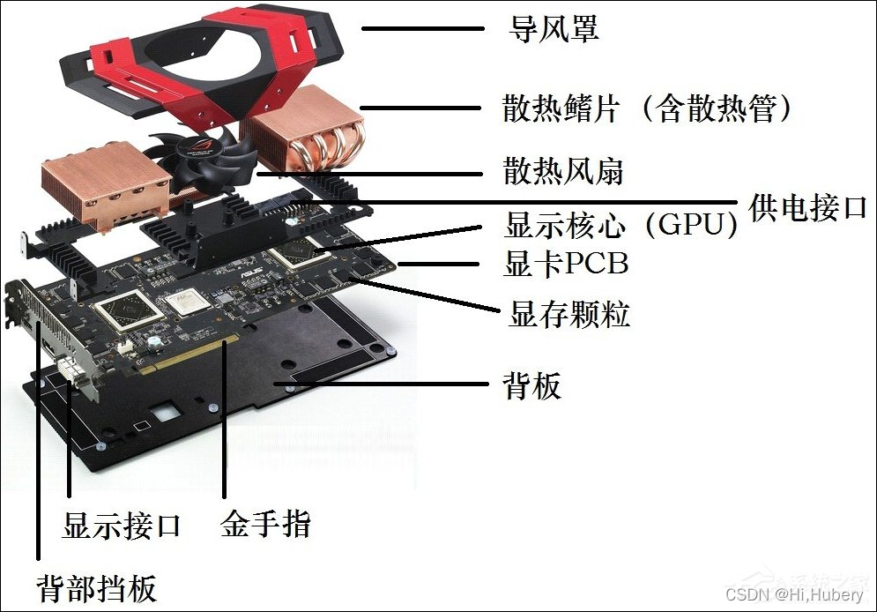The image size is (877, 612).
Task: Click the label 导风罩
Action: tap(554, 29)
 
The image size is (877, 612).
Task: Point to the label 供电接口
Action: tap(808, 208)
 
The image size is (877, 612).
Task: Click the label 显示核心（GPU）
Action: tap(621, 226)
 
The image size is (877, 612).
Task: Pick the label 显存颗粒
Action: tap(569, 314)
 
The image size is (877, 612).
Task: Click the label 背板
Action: tap(531, 385)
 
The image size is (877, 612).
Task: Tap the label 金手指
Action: tap(265, 526)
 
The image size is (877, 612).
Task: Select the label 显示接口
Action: tap(122, 526)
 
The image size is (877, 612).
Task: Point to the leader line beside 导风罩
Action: tap(423, 29)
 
